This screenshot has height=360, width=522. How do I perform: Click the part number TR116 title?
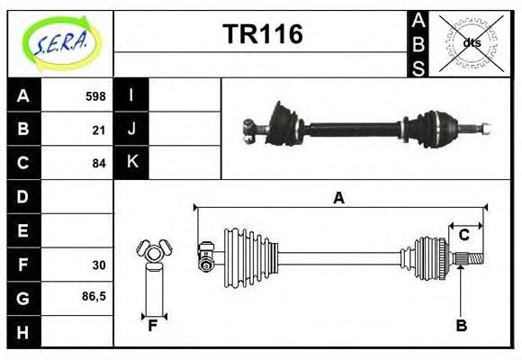[x=262, y=34]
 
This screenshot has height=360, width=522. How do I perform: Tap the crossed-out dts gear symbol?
[x=471, y=42]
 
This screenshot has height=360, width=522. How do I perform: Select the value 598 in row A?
[x=94, y=96]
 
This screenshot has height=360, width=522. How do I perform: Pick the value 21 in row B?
[x=98, y=130]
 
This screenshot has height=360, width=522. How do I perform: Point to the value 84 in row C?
[x=98, y=163]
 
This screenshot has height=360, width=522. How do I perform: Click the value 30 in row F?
[x=98, y=265]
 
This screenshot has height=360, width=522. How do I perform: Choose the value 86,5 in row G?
[x=94, y=296]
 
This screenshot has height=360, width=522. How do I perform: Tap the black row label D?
[x=23, y=196]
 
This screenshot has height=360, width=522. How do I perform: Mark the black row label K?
[x=131, y=162]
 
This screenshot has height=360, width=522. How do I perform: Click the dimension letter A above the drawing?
[x=338, y=198]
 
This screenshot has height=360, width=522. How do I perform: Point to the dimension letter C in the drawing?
[x=463, y=235]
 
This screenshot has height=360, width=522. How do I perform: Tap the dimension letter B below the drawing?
[x=461, y=326]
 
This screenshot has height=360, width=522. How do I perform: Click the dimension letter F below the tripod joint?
[x=154, y=326]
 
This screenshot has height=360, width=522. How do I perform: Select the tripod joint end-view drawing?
[x=153, y=253]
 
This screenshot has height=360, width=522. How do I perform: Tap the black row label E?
[x=23, y=230]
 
